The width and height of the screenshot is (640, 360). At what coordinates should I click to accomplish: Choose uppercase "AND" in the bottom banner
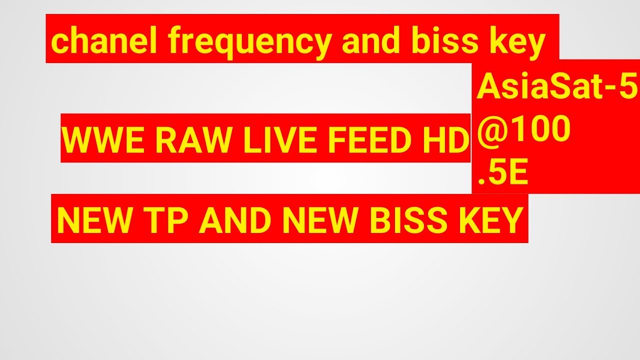(236, 220)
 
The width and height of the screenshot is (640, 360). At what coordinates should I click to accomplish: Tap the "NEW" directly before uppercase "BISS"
(323, 220)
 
